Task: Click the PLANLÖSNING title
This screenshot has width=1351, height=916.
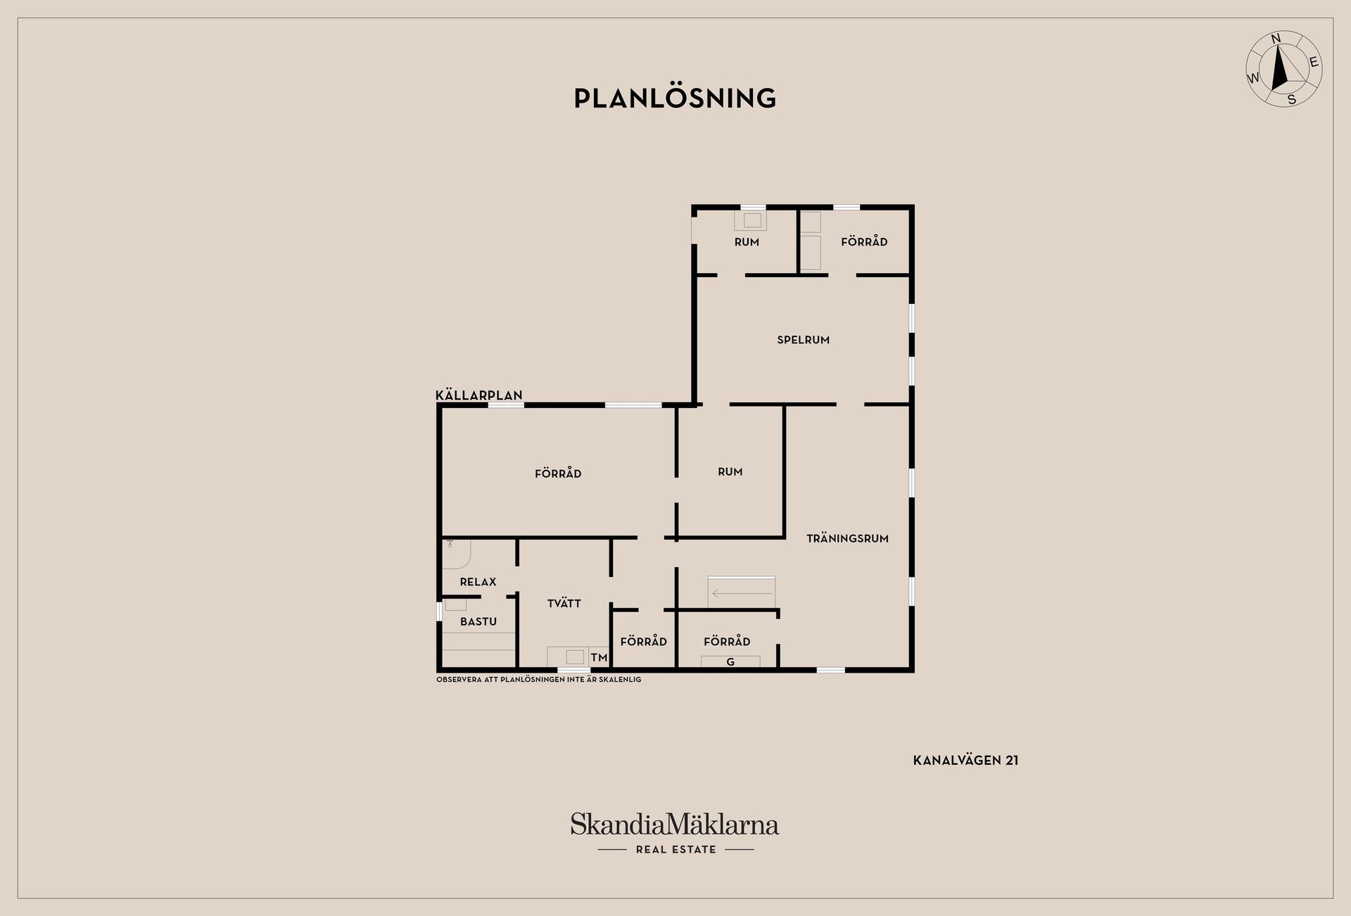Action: [675, 98]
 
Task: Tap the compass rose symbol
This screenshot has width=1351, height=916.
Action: [1283, 70]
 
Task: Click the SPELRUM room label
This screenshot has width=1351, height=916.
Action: [803, 340]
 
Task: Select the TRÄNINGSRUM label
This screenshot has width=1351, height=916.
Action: [847, 538]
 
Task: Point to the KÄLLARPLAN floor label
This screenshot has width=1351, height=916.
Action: [479, 395]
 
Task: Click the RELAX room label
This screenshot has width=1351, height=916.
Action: [478, 582]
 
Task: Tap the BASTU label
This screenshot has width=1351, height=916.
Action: [478, 621]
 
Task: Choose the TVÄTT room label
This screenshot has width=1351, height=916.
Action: [564, 603]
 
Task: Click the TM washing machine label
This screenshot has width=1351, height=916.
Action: [599, 658]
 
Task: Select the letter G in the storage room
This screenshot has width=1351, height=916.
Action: [730, 662]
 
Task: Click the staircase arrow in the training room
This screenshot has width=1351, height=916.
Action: [742, 594]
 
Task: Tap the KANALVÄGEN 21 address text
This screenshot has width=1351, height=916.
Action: [965, 761]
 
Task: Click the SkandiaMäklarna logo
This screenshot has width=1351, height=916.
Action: [675, 824]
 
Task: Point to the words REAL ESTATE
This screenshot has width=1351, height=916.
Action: [675, 849]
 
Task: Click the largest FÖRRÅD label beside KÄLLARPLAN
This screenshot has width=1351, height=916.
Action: [558, 473]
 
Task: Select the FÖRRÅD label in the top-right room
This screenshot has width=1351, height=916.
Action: [864, 241]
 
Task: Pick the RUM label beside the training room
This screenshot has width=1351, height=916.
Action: [730, 472]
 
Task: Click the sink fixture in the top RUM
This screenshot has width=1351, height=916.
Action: [751, 220]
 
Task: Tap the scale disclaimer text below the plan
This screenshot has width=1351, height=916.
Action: [538, 680]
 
